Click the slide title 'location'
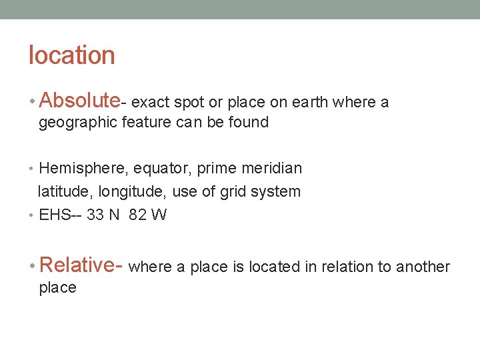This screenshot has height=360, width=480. tap(71, 55)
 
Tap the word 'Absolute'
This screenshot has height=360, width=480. tap(79, 101)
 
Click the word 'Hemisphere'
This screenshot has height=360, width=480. tap(76, 168)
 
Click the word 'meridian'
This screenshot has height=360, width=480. tap(275, 168)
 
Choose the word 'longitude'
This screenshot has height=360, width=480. tap(131, 192)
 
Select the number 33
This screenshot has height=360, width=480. tap(95, 215)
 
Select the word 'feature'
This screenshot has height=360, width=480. tap(140, 123)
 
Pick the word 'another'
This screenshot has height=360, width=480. tap(423, 267)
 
